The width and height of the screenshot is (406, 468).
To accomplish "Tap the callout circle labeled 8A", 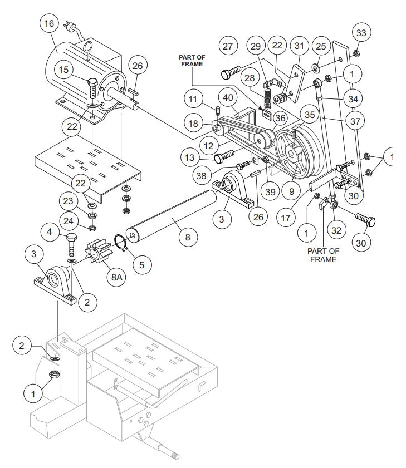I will click(x=116, y=279).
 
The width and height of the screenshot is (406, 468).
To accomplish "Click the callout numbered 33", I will click(x=361, y=33).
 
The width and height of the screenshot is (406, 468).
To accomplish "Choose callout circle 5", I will click(x=141, y=264).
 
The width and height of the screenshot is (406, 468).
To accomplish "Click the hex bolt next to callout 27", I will click(x=232, y=72).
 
